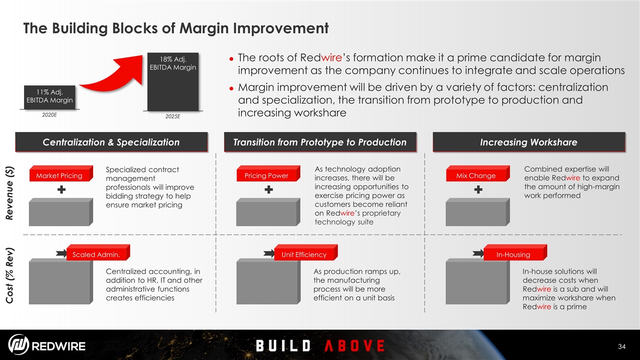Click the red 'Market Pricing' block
click(x=61, y=173)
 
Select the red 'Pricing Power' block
click(x=268, y=173)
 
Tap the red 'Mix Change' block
click(x=478, y=173)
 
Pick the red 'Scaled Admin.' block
click(x=98, y=252)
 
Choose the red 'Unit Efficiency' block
click(x=306, y=252)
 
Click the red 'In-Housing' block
click(x=515, y=252)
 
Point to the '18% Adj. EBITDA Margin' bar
click(x=173, y=81)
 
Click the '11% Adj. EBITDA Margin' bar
click(x=49, y=97)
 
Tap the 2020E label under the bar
click(x=49, y=115)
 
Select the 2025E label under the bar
click(x=173, y=116)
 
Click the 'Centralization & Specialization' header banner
click(x=111, y=142)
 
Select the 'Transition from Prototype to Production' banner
click(x=320, y=142)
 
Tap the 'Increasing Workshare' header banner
click(x=529, y=142)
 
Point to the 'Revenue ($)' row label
click(x=9, y=193)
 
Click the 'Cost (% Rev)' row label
click(x=9, y=275)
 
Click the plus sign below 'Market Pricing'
click(x=61, y=189)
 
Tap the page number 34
click(x=621, y=346)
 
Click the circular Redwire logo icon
click(x=18, y=344)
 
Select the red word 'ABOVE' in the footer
click(x=354, y=345)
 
